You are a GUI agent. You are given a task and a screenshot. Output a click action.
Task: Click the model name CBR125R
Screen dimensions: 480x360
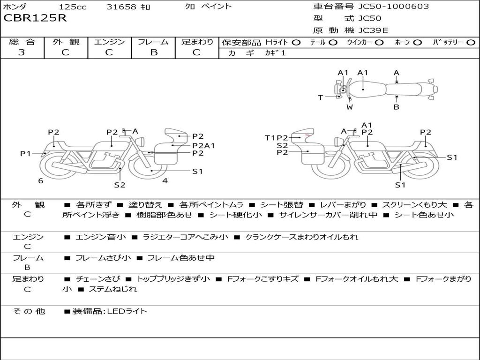[35, 18]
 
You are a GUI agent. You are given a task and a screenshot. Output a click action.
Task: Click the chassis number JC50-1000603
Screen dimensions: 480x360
[394, 7]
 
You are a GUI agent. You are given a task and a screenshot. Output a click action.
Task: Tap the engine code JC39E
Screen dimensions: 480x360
[373, 30]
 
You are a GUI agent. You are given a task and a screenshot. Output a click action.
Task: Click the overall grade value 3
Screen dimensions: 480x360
[22, 52]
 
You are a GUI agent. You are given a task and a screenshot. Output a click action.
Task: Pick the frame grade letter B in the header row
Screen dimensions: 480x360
[154, 52]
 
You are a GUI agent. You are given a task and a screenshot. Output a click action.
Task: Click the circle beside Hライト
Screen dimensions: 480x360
[296, 43]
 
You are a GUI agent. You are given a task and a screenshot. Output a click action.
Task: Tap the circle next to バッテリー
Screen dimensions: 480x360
[471, 43]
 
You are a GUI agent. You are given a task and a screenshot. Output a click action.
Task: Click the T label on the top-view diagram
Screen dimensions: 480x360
[321, 97]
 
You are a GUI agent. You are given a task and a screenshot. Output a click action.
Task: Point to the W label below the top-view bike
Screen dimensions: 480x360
[350, 107]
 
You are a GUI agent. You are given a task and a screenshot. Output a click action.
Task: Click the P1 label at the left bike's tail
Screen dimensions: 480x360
[25, 153]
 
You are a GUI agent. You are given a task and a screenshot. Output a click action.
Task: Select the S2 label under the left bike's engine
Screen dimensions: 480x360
[120, 185]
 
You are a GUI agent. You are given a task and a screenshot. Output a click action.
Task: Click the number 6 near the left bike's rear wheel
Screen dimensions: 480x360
[41, 181]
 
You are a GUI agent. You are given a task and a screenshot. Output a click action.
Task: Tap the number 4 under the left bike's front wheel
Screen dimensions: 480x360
[165, 181]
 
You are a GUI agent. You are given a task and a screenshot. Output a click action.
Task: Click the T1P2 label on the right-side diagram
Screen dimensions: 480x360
[277, 138]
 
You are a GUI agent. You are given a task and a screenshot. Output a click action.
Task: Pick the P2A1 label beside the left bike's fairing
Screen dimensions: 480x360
[203, 146]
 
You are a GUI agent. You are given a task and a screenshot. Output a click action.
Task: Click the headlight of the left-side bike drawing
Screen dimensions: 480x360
[141, 142]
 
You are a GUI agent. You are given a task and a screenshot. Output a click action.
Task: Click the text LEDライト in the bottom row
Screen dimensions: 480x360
[127, 311]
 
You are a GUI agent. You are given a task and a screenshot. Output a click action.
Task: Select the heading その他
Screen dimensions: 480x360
[29, 311]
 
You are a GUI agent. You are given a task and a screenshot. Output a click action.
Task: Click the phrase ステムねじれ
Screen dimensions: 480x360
[112, 289]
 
